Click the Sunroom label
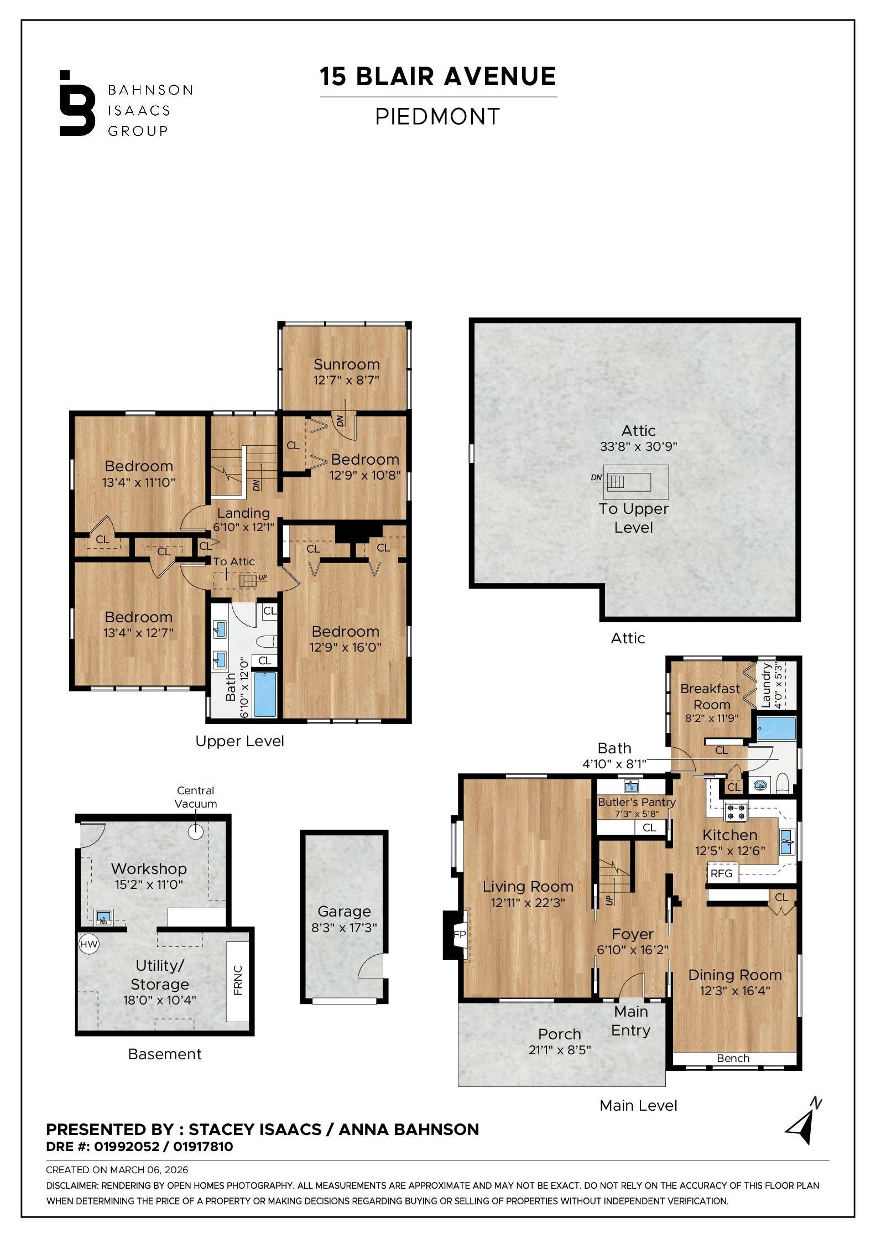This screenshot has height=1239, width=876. click(x=346, y=365)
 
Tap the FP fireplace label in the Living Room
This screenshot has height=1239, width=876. click(x=459, y=934)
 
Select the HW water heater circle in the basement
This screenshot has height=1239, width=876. click(x=88, y=944)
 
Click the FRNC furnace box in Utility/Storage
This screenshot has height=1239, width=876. click(x=238, y=980)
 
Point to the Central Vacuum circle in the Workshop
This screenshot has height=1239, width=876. click(x=196, y=830)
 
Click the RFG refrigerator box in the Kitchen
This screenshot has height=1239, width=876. click(x=721, y=873)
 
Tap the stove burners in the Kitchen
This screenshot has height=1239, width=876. click(x=736, y=811)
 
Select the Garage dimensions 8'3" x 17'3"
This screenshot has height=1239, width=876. click(x=344, y=928)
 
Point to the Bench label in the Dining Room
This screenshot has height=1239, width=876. click(x=733, y=1058)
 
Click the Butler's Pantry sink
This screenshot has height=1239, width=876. click(x=632, y=786)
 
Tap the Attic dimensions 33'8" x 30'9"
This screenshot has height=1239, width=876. click(x=638, y=446)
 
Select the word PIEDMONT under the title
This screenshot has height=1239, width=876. click(x=437, y=117)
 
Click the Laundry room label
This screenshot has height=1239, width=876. click(x=766, y=685)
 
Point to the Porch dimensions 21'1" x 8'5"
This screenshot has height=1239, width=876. click(x=559, y=1050)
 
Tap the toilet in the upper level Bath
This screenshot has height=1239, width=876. click(x=268, y=642)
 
